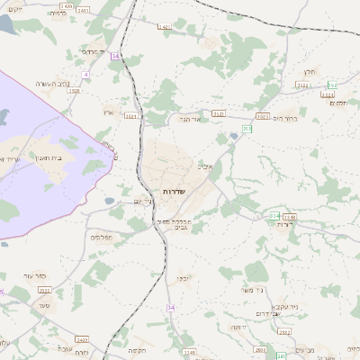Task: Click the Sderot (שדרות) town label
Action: [174, 193]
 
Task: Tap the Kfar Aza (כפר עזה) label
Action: [35, 275]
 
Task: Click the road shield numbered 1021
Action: [131, 116]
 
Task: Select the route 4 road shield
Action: [86, 74]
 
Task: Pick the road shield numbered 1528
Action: [74, 91]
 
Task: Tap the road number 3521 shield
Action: [44, 291]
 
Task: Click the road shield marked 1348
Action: [289, 217]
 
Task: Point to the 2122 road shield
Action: [302, 85]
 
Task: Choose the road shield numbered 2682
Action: [284, 332]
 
